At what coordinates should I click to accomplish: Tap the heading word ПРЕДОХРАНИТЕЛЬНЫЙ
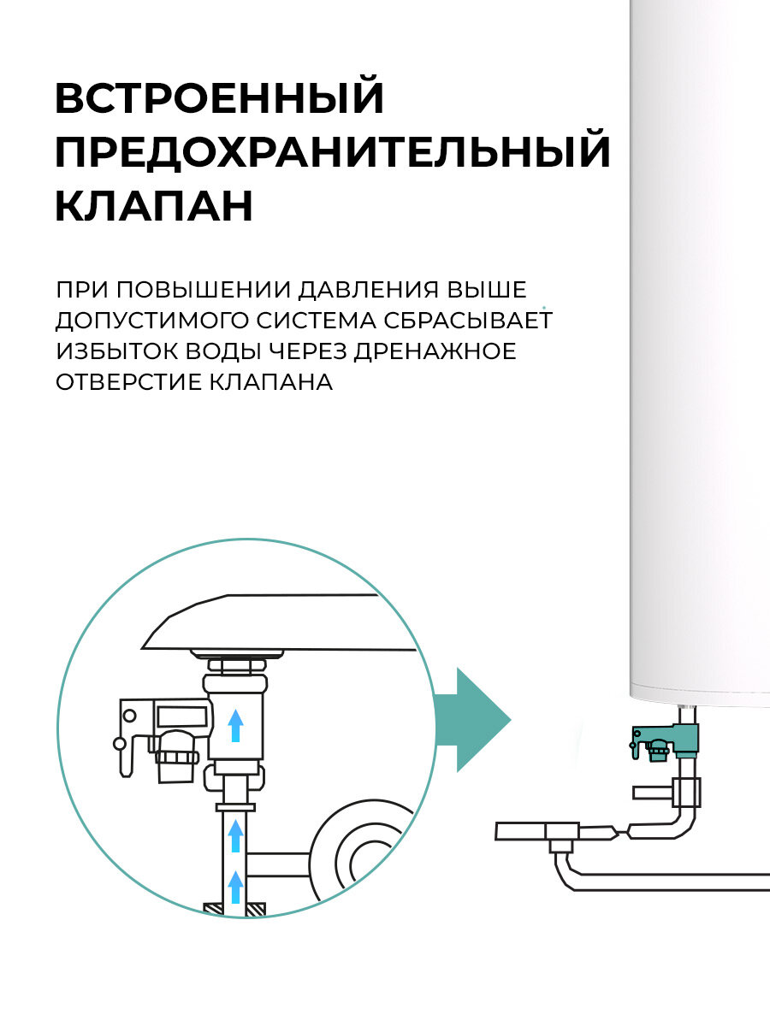point(333,152)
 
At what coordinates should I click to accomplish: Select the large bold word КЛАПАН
point(154,206)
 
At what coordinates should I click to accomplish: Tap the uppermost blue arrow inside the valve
point(236,725)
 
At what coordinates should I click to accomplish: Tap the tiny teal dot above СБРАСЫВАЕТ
point(543,304)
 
